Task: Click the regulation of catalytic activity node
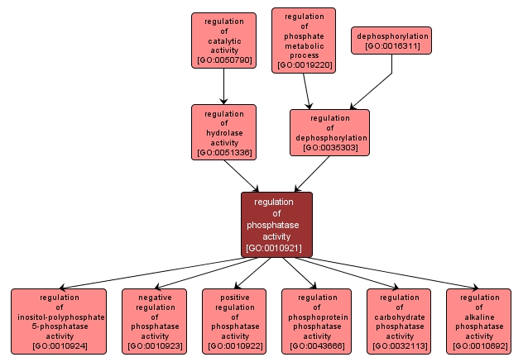click(223, 40)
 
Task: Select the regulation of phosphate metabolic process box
click(304, 40)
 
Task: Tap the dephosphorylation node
click(392, 40)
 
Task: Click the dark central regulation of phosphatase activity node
click(276, 224)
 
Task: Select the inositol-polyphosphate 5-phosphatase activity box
click(59, 321)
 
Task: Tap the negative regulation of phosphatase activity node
click(155, 321)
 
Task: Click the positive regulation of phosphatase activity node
click(235, 321)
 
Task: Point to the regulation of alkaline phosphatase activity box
click(479, 321)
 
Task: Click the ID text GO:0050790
click(223, 60)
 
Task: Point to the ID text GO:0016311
click(392, 46)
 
